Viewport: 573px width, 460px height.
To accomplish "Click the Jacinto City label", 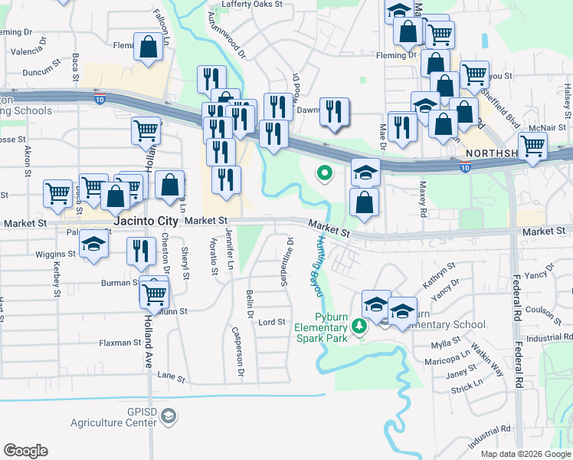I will click(146, 221).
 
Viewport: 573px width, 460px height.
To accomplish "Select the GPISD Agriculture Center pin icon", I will click(169, 416).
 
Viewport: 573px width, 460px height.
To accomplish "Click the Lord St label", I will click(272, 322).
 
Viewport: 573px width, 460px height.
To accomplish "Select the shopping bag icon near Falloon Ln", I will click(149, 48).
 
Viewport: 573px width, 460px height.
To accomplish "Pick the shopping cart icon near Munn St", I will click(155, 293).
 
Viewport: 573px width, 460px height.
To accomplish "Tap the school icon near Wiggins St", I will click(94, 247).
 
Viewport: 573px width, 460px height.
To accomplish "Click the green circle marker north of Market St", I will click(325, 174).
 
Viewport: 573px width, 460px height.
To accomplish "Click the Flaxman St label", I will click(115, 343).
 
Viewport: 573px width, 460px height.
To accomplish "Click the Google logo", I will click(25, 451).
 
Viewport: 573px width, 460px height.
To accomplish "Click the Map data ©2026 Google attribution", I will click(526, 454).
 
